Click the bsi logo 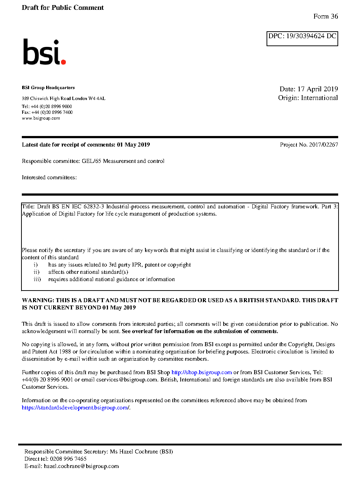[x=44, y=52]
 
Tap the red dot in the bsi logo [x=64, y=62]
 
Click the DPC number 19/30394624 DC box [x=302, y=39]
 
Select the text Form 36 [x=325, y=16]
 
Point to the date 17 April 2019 [x=317, y=89]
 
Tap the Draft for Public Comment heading [x=63, y=8]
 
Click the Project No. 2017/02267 [x=309, y=145]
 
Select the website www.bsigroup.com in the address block [x=41, y=118]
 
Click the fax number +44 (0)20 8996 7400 [x=52, y=112]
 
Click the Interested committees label [x=49, y=177]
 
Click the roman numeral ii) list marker [x=36, y=272]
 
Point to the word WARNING [x=38, y=300]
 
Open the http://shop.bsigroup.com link [x=201, y=372]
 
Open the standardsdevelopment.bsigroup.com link [x=75, y=408]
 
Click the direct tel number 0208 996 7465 [x=68, y=459]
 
